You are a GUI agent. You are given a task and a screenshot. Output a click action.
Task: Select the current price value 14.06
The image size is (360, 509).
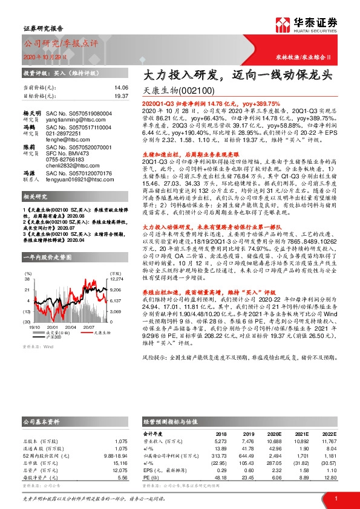[x=122, y=87]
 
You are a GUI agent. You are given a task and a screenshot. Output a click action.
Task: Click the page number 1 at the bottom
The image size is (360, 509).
[x=335, y=498]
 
